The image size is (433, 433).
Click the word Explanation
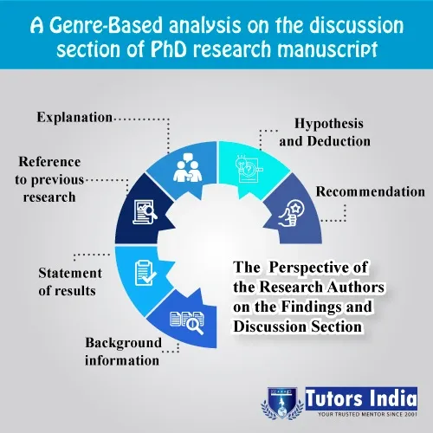(x=74, y=118)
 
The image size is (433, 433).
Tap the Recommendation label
(x=371, y=191)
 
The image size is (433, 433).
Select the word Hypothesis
(x=329, y=124)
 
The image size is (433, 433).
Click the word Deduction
(x=339, y=141)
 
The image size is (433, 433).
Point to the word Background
(x=124, y=343)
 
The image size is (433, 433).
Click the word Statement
(x=70, y=273)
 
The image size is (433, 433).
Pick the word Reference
(x=49, y=162)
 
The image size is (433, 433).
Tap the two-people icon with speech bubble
(x=188, y=167)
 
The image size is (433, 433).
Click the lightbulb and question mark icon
(x=249, y=169)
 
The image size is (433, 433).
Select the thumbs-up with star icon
(x=291, y=213)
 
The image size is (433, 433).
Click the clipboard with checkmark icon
(x=145, y=273)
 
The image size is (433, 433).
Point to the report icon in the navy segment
(x=145, y=212)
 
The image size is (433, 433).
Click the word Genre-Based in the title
(x=106, y=25)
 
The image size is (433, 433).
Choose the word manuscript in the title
(x=327, y=49)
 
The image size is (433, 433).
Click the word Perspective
(x=318, y=268)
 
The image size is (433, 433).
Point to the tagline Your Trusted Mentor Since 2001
(x=367, y=415)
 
